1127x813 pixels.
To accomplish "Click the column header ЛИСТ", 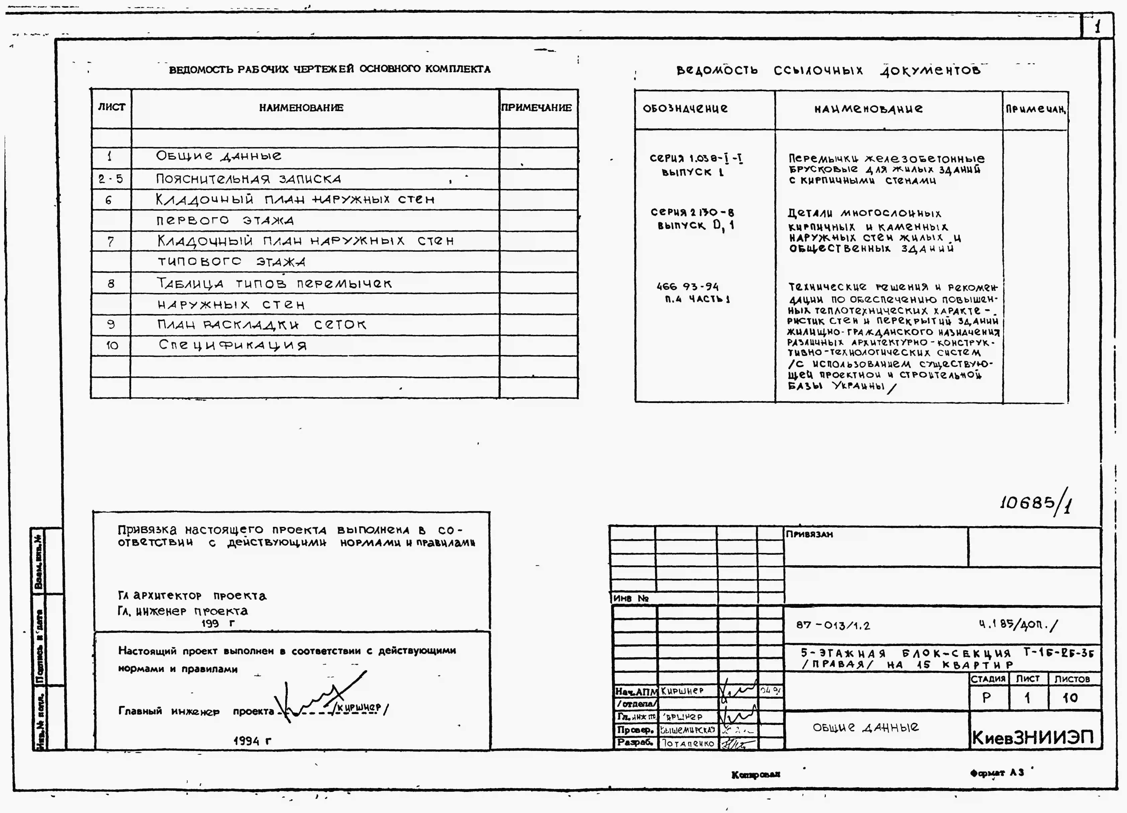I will (111, 107).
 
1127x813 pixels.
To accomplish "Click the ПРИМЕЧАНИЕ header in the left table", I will (537, 108).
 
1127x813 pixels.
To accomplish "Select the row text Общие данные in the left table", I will (219, 156).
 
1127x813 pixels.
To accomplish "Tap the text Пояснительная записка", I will (249, 179).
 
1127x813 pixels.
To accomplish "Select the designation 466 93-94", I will (687, 287).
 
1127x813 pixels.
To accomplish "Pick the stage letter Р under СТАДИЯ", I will (987, 698).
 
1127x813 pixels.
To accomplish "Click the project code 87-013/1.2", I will (833, 625).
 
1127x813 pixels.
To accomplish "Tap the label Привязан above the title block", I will (810, 534).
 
